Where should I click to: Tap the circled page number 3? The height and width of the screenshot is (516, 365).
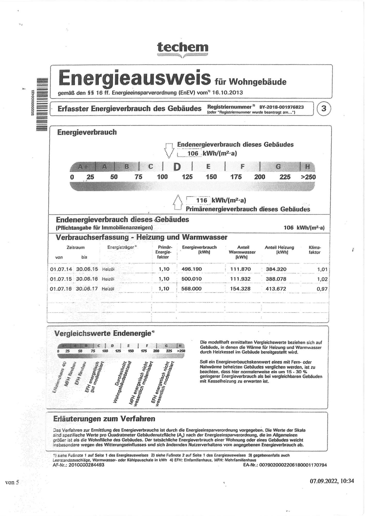323,109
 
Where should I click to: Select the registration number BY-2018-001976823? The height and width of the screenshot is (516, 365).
281,107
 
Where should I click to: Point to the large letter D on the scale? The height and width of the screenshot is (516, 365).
177,167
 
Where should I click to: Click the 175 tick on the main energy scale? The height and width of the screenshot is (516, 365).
236,177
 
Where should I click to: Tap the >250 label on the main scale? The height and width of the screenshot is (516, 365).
308,177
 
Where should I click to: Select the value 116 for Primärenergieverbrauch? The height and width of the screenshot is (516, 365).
202,200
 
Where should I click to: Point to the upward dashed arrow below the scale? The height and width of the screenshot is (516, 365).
178,203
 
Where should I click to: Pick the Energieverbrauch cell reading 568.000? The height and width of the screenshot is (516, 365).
191,289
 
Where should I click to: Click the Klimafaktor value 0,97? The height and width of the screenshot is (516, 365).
322,289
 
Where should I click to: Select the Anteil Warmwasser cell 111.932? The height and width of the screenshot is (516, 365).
240,279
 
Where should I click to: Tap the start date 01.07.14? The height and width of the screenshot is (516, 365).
61,269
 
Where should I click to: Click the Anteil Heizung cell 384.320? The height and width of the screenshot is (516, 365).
276,269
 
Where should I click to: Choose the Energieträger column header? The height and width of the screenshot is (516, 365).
122,247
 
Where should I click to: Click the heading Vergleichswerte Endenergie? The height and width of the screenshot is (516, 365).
103,333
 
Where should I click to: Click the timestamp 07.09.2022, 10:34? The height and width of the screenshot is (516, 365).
332,480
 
